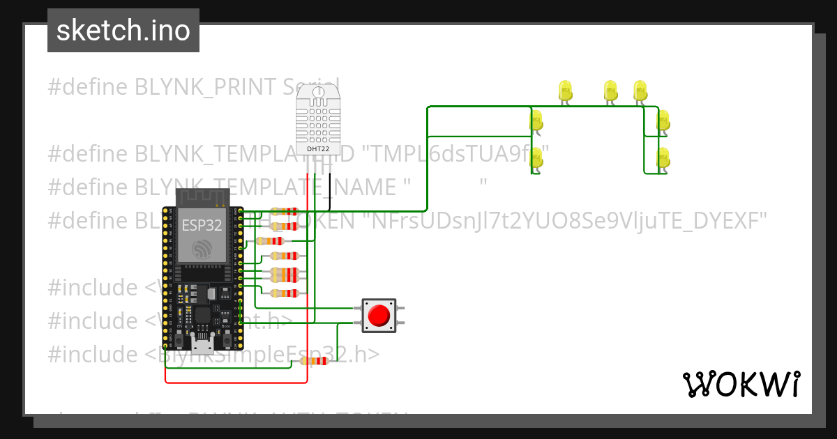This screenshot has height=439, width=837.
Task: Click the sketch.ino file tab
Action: coord(123,31)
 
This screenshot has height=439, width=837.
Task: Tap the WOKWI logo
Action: coord(741,384)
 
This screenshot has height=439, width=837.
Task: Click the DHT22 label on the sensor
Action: coord(318,149)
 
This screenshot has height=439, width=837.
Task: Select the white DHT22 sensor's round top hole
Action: coord(318,91)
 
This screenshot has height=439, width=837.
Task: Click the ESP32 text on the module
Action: coord(202,225)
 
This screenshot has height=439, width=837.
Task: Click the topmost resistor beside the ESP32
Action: coord(284,211)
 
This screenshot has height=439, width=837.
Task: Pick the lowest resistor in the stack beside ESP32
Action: coord(284,293)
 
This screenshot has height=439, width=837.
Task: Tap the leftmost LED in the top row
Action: coord(565,91)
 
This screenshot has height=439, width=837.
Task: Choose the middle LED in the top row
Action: coord(610,91)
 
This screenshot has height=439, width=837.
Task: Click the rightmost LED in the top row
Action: coord(640,91)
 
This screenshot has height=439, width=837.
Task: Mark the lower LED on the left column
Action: coord(536,157)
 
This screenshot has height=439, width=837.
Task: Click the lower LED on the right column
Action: coord(663,157)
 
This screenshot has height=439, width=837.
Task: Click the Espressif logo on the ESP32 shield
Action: coord(202,249)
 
